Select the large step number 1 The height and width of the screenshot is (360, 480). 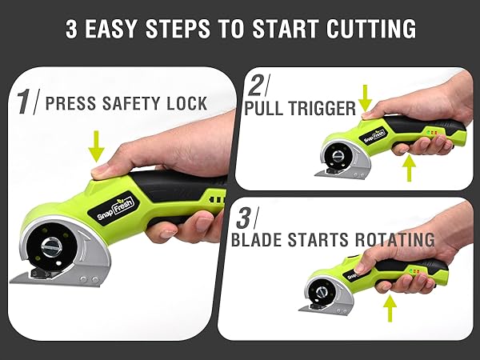pyautogui.click(x=26, y=102)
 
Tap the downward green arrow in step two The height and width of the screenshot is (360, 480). pyautogui.click(x=366, y=98)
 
